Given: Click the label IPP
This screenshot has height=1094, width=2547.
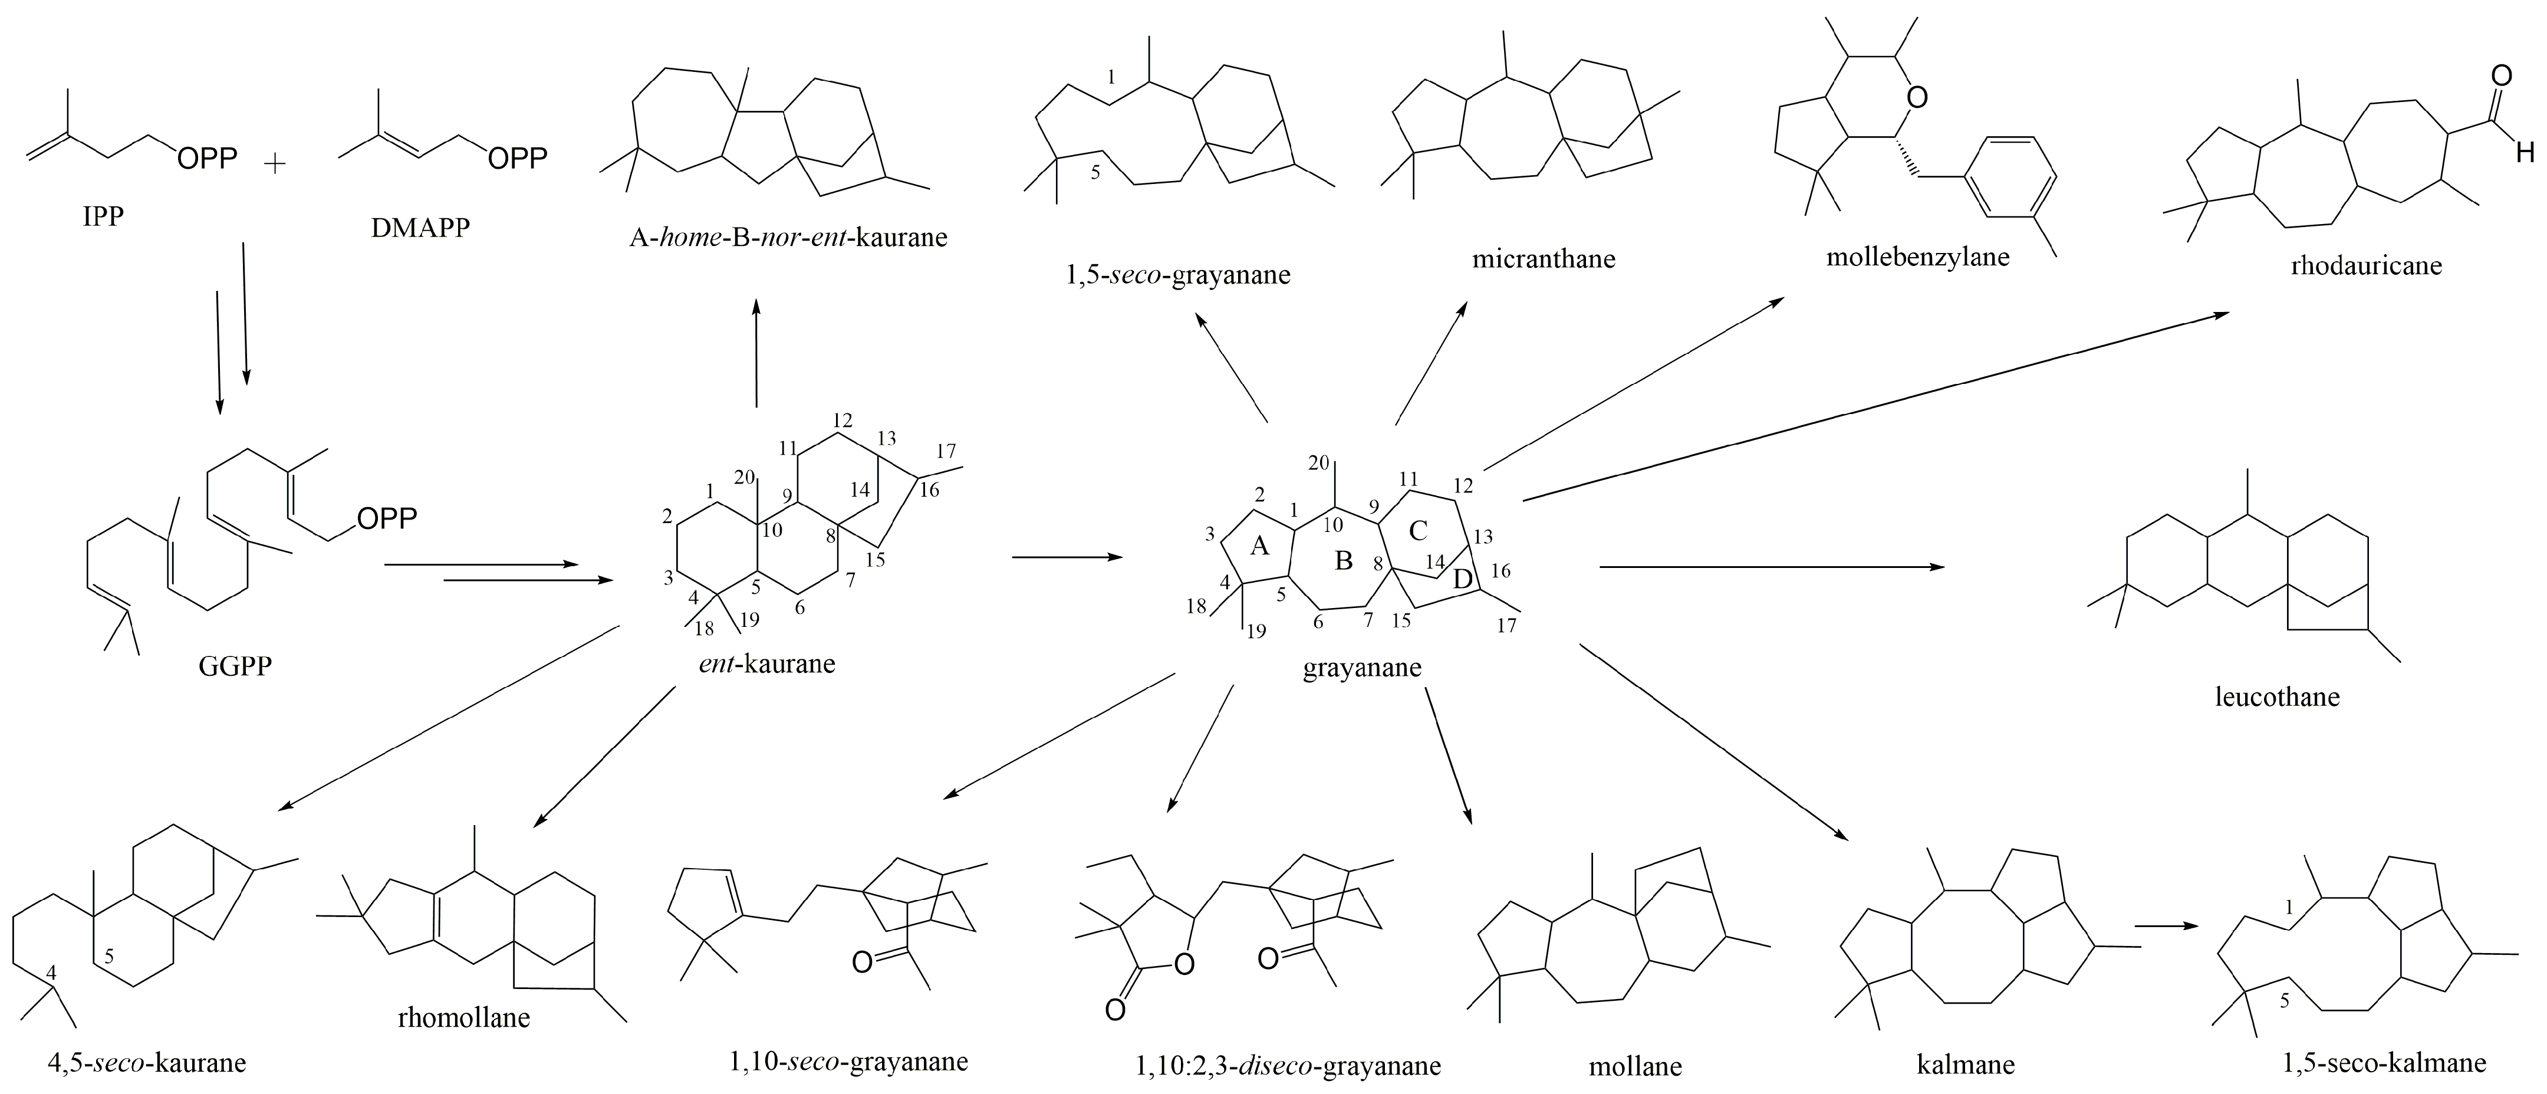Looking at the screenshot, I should [x=103, y=216].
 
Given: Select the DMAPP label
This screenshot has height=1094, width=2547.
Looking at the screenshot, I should [x=420, y=228].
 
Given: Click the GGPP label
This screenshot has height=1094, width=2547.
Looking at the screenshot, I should [x=235, y=666].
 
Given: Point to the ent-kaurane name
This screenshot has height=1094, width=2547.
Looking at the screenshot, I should [x=766, y=663].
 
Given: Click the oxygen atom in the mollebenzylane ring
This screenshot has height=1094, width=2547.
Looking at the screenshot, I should [x=1917, y=97].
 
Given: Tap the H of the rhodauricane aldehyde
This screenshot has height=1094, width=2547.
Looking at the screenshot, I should [x=2524, y=152].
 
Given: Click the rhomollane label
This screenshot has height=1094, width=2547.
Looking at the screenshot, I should [x=464, y=1017].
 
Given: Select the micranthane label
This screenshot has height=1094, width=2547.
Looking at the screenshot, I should [x=1544, y=259].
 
